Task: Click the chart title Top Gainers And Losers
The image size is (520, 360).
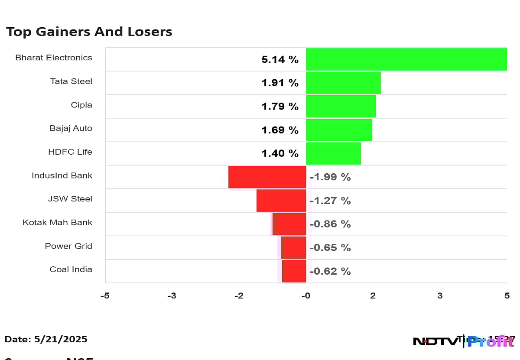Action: (x=89, y=32)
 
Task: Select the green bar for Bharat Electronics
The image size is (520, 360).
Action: (x=406, y=59)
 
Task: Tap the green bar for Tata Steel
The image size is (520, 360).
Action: (x=343, y=83)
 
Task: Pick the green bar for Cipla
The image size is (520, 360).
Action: (x=341, y=106)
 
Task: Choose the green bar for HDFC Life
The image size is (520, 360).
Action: (x=333, y=153)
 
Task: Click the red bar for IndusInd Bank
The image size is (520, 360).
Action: (x=267, y=177)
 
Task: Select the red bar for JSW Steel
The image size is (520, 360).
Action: (x=281, y=200)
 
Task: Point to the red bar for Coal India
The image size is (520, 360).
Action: (x=294, y=271)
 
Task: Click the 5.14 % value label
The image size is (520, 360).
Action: (x=280, y=60)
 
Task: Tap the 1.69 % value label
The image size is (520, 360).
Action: (x=280, y=130)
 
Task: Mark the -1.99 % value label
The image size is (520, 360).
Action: (x=330, y=177)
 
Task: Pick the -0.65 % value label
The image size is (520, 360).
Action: (x=330, y=248)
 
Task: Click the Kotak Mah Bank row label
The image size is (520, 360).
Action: (x=58, y=223)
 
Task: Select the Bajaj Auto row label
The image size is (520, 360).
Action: (x=71, y=128)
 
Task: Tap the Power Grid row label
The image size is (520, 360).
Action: (x=68, y=246)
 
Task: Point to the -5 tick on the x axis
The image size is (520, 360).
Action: (x=105, y=296)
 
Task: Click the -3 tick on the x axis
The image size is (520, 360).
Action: (x=172, y=296)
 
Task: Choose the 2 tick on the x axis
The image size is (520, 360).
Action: (x=373, y=296)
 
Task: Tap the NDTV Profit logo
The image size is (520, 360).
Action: (x=463, y=341)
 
